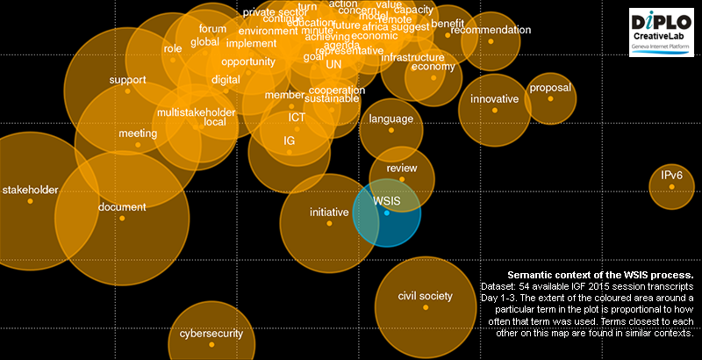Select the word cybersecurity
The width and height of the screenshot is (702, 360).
211,334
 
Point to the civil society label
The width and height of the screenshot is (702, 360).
425,296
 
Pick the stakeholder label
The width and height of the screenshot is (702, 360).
30,190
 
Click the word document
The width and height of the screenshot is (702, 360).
122,207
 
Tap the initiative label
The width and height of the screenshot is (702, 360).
329,212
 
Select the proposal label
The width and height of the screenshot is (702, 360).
550,88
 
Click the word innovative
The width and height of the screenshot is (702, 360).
494,99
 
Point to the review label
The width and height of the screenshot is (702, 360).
402,168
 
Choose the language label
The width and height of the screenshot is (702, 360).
390,119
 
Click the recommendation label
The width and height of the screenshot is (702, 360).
491,30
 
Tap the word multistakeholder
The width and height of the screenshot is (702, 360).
196,112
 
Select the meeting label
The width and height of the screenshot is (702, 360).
138,133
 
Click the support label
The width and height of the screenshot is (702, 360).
127,81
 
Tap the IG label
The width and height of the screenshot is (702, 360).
289,140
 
